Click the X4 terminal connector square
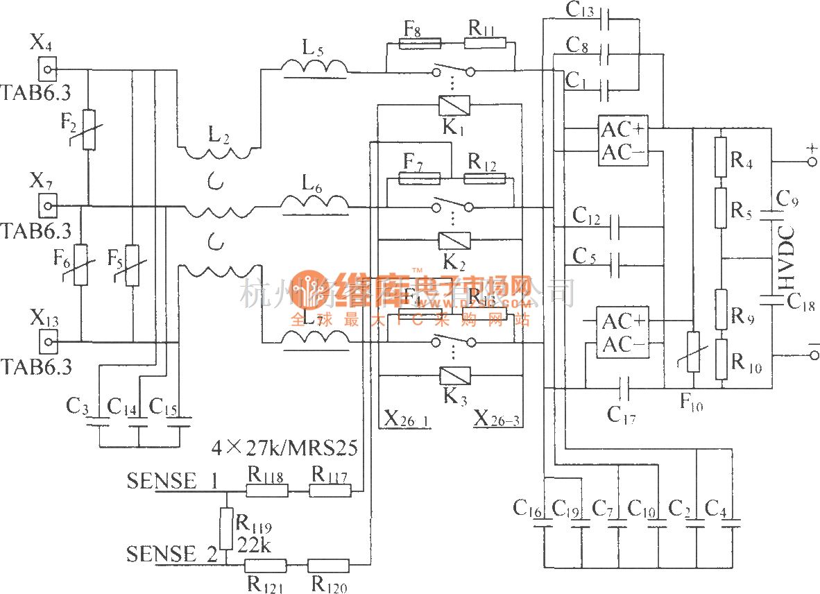point(47,69)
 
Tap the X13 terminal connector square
point(47,341)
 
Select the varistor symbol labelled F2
point(89,128)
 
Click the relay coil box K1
point(454,105)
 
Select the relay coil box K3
point(454,376)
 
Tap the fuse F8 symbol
point(420,44)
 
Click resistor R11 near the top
point(484,44)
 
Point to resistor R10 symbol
point(721,359)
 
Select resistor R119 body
point(225,528)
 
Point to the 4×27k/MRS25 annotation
point(284,449)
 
